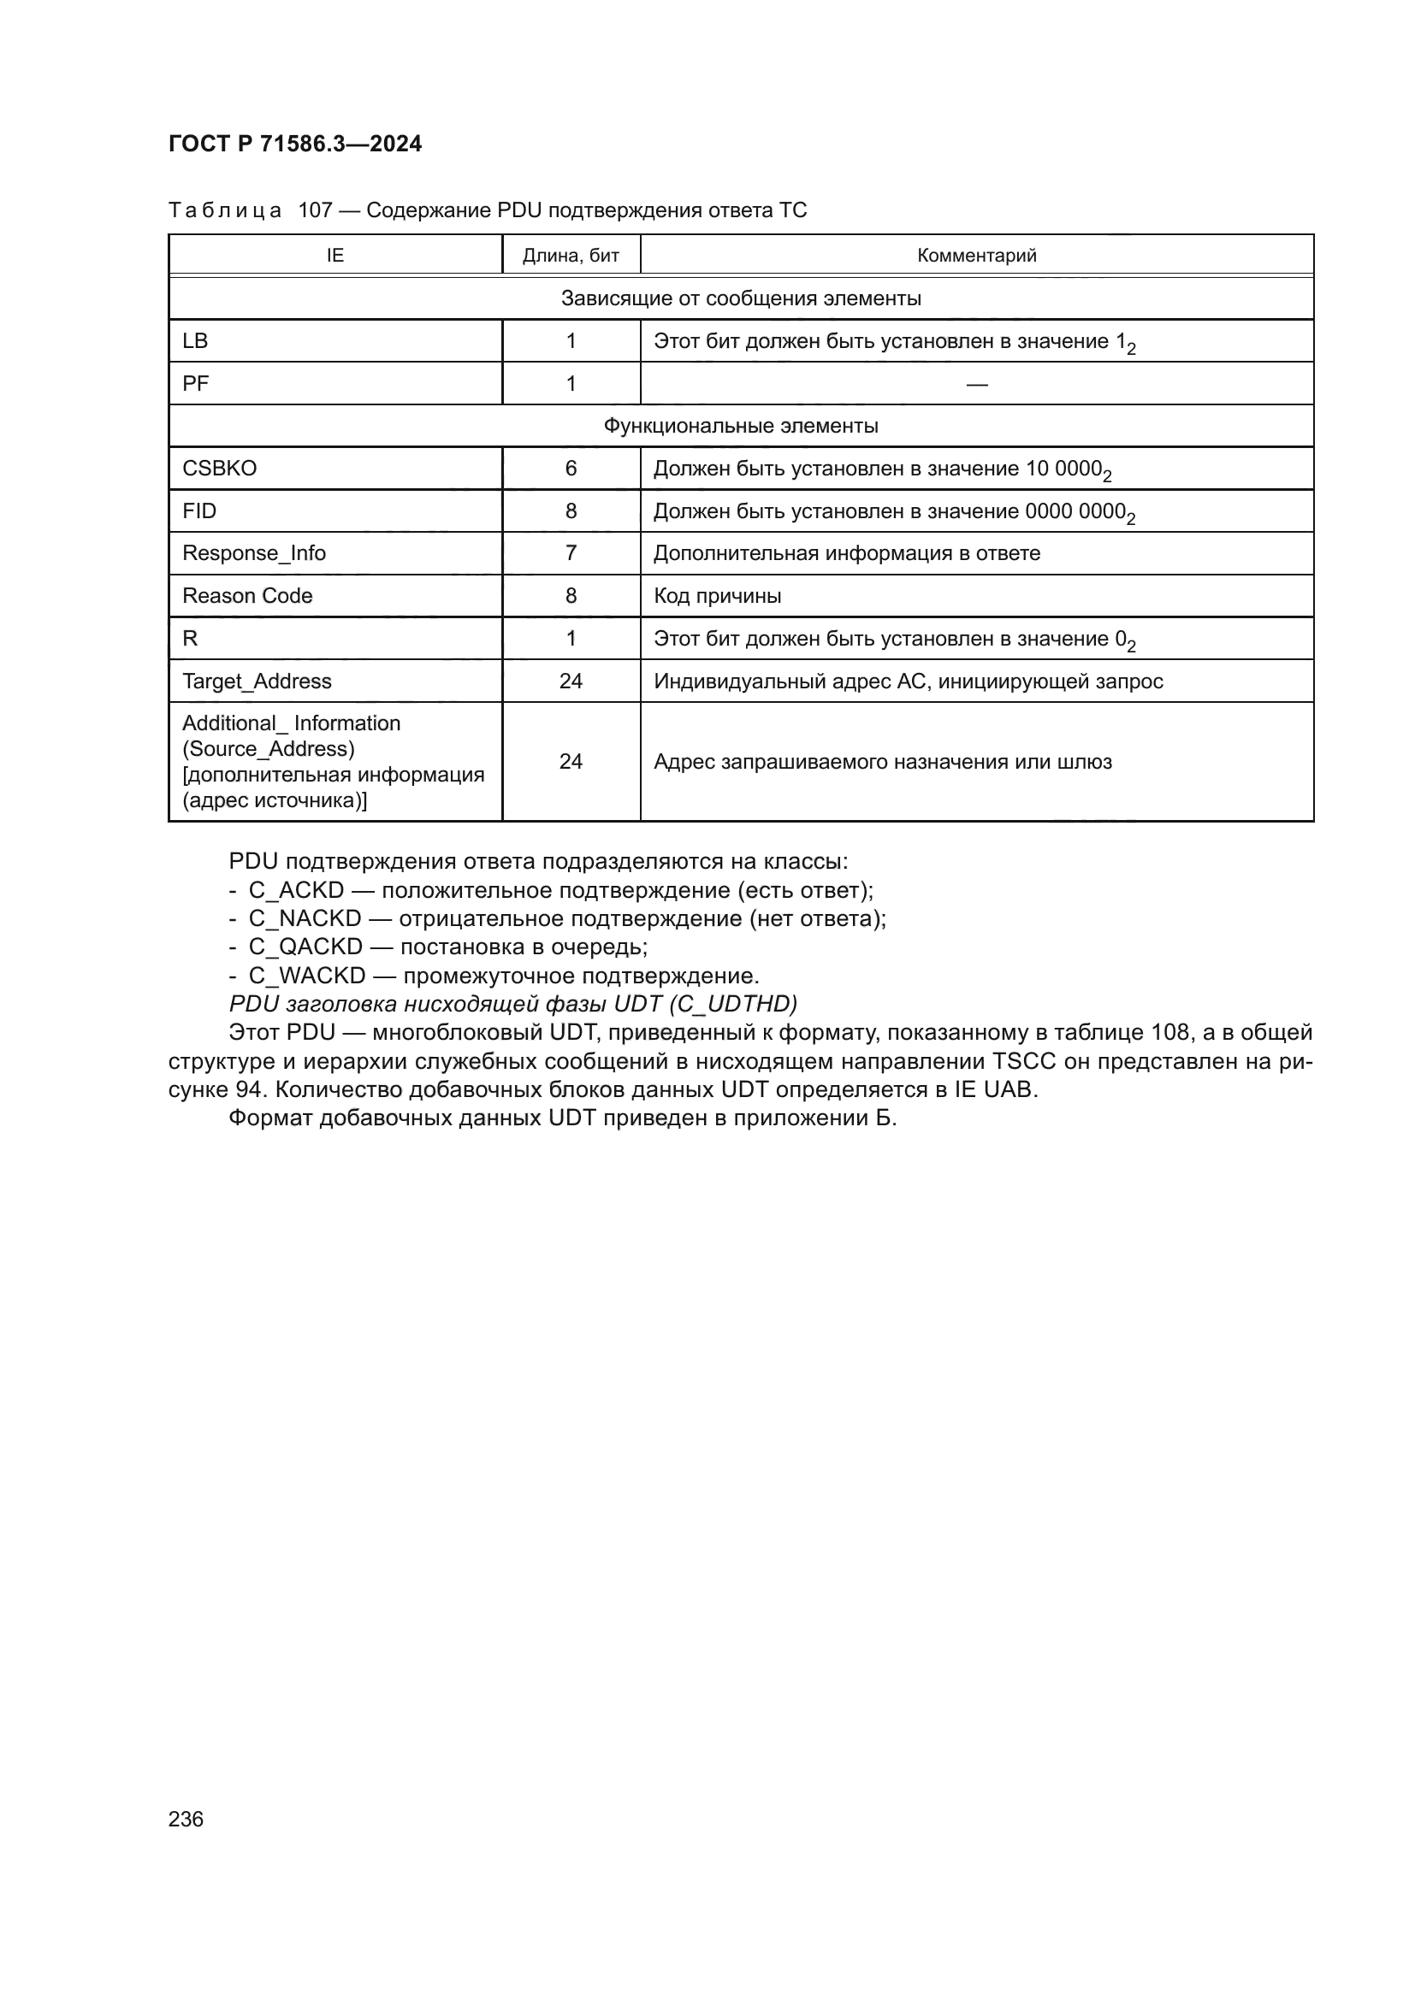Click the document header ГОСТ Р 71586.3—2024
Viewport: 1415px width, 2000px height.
pyautogui.click(x=294, y=144)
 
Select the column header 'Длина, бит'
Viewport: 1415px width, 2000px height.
pyautogui.click(x=571, y=255)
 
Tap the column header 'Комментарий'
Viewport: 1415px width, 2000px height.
pyautogui.click(x=976, y=255)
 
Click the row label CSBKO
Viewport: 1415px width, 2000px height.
pyautogui.click(x=220, y=469)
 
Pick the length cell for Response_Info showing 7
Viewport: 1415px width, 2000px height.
pyautogui.click(x=571, y=553)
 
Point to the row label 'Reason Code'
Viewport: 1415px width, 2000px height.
pyautogui.click(x=247, y=596)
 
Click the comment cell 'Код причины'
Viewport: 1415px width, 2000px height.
pyautogui.click(x=717, y=596)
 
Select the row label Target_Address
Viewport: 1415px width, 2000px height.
pyautogui.click(x=257, y=681)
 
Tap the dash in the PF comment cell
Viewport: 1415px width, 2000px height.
pyautogui.click(x=977, y=384)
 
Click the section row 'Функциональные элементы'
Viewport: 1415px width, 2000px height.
pyautogui.click(x=741, y=426)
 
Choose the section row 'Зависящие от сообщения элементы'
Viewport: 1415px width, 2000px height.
pyautogui.click(x=741, y=298)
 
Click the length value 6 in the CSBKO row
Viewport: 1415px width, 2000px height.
pyautogui.click(x=571, y=469)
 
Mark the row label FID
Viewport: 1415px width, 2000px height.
pyautogui.click(x=199, y=511)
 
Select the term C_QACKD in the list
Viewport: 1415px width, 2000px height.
pyautogui.click(x=305, y=947)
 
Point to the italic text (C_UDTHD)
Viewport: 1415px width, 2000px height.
pyautogui.click(x=733, y=1005)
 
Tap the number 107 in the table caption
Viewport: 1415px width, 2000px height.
pyautogui.click(x=316, y=211)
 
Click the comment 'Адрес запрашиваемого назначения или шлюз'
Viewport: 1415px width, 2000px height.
pyautogui.click(x=883, y=762)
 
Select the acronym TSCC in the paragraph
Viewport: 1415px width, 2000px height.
pyautogui.click(x=1025, y=1062)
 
